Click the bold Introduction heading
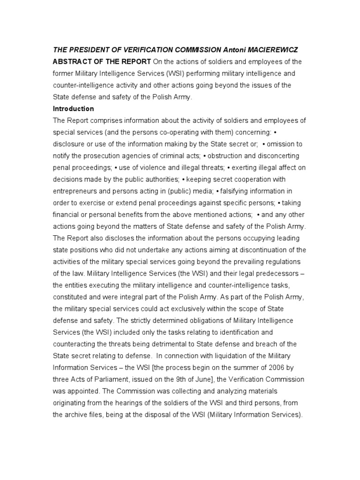coord(73,109)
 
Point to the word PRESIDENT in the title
coord(87,50)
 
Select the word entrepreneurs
coord(76,191)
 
